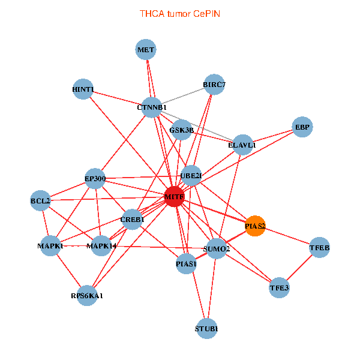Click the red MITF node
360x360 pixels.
[x=173, y=197]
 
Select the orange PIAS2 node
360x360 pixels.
[x=255, y=226]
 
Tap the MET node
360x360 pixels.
[x=146, y=50]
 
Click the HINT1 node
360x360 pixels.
[x=83, y=90]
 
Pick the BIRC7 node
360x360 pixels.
[x=214, y=85]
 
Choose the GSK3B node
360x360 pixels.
[x=181, y=130]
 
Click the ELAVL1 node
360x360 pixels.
[x=242, y=145]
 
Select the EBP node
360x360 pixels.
[x=302, y=127]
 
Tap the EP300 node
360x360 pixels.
[x=95, y=178]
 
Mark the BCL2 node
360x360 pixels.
[x=41, y=200]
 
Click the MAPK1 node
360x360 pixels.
[x=50, y=246]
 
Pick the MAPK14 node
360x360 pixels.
[x=102, y=246]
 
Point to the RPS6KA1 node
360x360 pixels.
[x=87, y=295]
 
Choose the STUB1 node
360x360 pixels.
[x=206, y=328]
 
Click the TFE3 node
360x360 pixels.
[x=279, y=288]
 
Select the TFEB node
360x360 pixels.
[x=319, y=248]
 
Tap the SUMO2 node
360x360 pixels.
[x=217, y=248]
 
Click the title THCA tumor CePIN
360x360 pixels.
[x=180, y=13]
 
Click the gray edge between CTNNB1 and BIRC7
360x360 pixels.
[x=183, y=96]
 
